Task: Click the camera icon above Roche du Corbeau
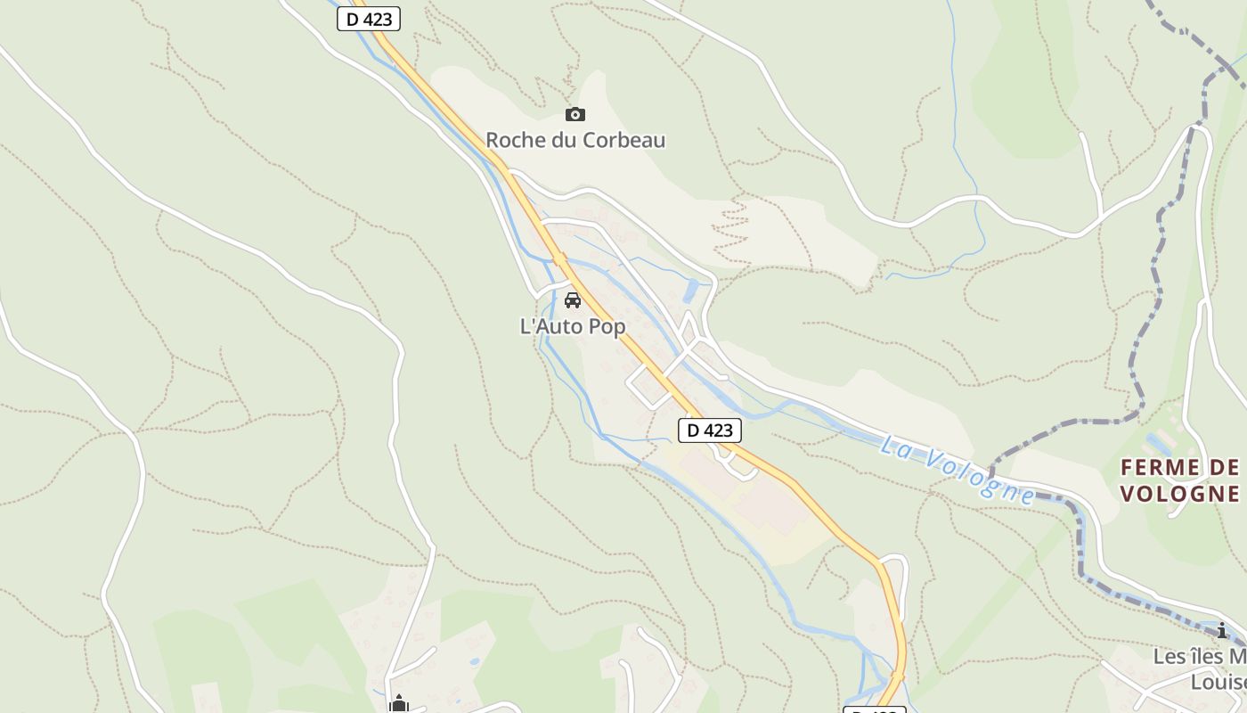575,114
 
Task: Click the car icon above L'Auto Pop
573,300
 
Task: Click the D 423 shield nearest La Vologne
710,430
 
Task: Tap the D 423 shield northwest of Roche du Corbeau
369,19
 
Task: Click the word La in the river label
896,446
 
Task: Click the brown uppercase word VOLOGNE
1179,494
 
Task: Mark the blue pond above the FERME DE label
1159,443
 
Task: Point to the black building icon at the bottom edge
398,704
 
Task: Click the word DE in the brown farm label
1225,468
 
